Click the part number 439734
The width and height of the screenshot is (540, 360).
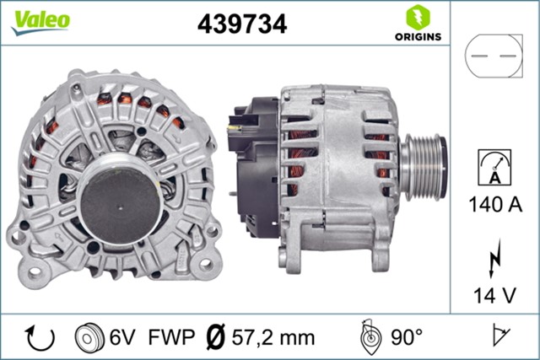(x=243, y=24)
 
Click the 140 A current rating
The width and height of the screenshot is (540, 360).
(x=495, y=203)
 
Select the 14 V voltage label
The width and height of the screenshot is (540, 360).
(x=495, y=294)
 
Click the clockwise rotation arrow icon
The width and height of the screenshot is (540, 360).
(x=40, y=338)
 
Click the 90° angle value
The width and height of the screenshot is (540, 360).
(x=407, y=338)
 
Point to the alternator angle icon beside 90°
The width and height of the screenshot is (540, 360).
(x=369, y=336)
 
